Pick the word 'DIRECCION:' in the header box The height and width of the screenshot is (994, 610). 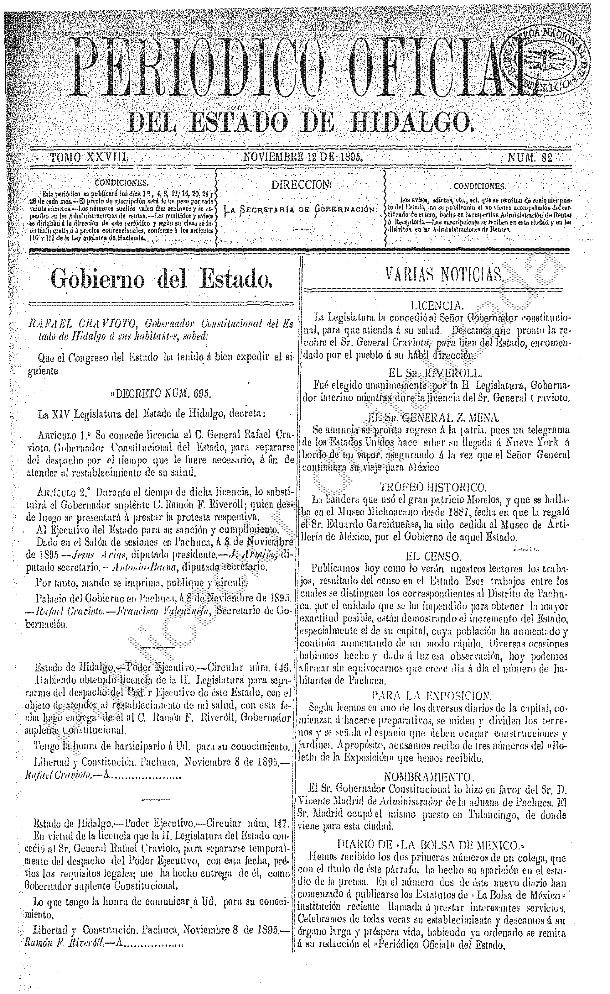coord(301,185)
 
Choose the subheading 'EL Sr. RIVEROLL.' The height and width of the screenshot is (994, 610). coord(435,372)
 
